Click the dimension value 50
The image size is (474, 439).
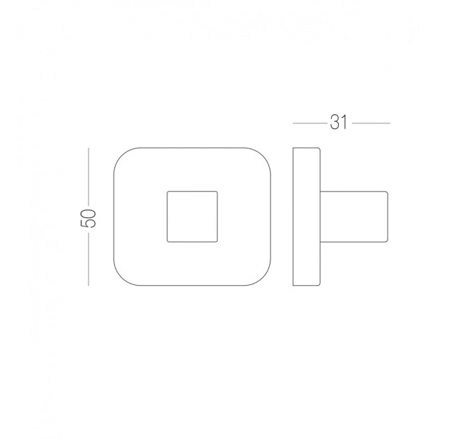pos(88,218)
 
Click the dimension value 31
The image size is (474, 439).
pos(339,123)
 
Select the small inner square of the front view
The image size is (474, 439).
pos(192,216)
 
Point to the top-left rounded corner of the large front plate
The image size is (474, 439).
pos(121,155)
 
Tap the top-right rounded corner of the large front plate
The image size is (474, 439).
pos(263,155)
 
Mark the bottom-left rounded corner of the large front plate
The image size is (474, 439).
pos(121,278)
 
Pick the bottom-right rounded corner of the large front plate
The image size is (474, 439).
pos(263,278)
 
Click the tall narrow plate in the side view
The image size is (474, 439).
pos(306,216)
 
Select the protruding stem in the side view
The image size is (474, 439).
pos(353,216)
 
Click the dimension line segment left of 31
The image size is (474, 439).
pos(310,123)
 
